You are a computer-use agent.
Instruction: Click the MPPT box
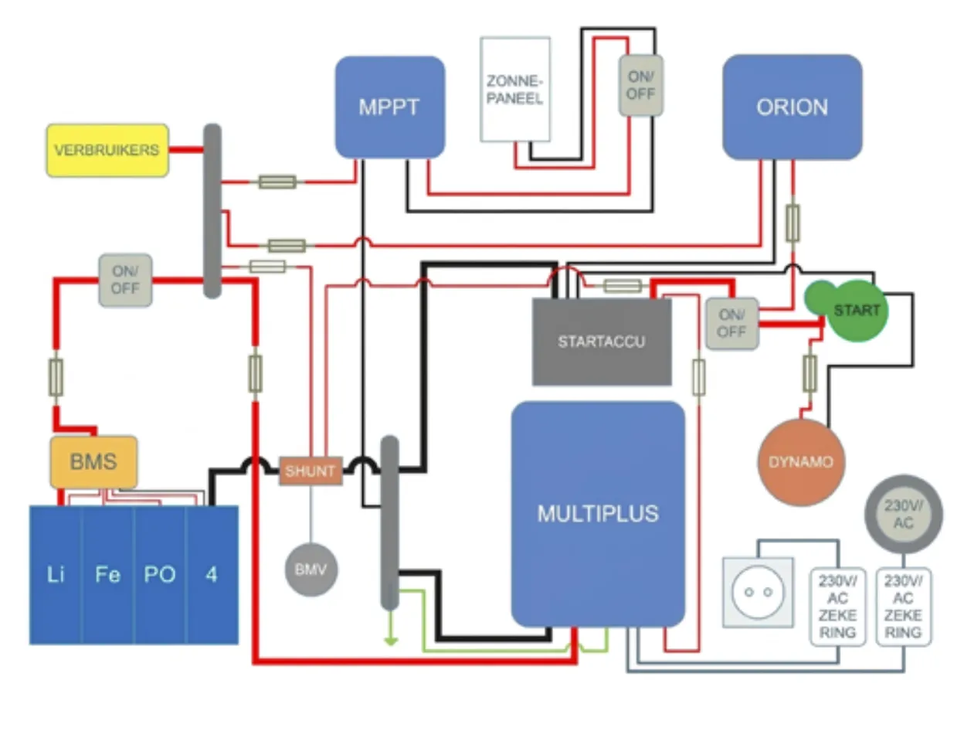point(389,107)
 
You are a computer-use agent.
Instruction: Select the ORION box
point(792,107)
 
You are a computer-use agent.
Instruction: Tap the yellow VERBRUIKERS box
point(107,150)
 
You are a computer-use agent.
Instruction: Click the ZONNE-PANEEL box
point(514,90)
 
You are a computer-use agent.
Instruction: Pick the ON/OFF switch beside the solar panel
point(640,85)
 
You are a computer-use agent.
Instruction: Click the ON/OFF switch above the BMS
point(125,280)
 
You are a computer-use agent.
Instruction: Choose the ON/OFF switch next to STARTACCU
point(731,324)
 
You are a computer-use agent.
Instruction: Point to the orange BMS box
point(93,461)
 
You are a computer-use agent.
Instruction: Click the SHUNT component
point(311,471)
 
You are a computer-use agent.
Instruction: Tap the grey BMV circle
point(311,570)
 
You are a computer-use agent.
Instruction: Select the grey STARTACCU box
point(601,341)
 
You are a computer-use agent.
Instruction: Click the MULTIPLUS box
point(598,514)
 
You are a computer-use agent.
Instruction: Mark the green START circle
point(854,311)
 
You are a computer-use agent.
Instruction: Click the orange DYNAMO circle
point(800,462)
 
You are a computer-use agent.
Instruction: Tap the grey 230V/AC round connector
point(903,514)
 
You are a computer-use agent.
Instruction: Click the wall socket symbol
point(757,591)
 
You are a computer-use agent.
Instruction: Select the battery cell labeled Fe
point(107,574)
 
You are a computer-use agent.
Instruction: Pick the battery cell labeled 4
point(212,574)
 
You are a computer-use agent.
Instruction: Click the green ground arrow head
point(392,640)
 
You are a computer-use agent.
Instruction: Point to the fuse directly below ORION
point(792,223)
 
